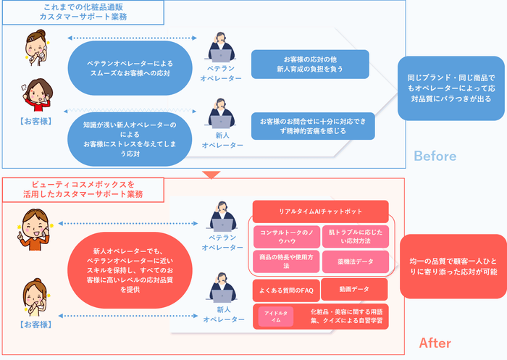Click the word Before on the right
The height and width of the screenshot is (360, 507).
click(x=435, y=156)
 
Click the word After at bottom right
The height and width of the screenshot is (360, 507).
click(x=435, y=343)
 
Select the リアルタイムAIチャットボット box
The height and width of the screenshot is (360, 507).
click(x=320, y=212)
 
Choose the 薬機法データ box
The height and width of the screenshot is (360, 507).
click(x=356, y=260)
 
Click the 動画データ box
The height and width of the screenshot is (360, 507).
click(x=354, y=289)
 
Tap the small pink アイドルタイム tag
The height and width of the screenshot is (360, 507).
click(x=276, y=317)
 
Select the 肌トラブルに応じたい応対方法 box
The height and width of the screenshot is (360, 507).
click(x=356, y=237)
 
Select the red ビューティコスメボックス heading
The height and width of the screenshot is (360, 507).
click(x=80, y=189)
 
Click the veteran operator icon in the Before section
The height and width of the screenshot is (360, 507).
click(x=222, y=49)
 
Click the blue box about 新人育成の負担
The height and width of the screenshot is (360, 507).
click(x=309, y=64)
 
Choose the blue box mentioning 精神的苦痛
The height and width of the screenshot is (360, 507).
click(x=313, y=125)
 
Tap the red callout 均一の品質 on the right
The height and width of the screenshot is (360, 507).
click(x=452, y=266)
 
